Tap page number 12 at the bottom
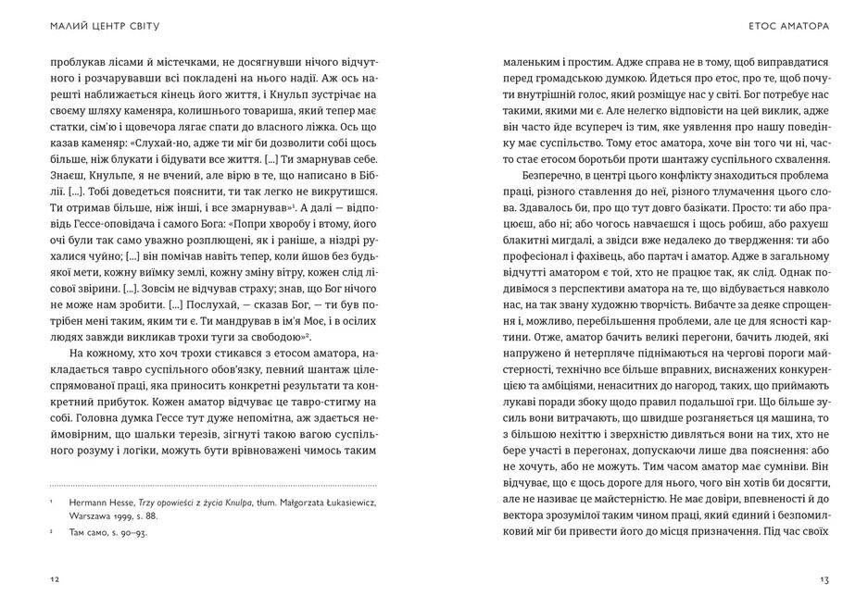55,579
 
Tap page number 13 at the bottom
824,579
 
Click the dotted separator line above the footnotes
213,484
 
